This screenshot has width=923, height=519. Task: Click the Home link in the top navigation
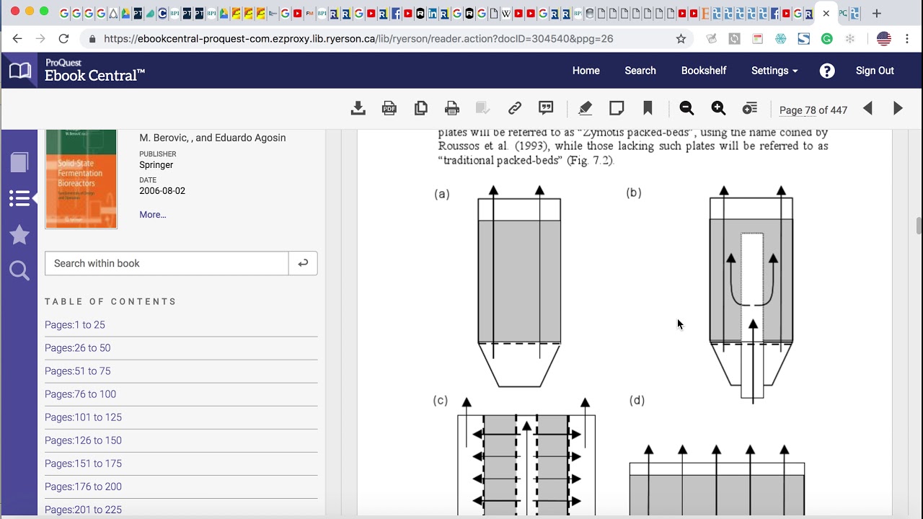pyautogui.click(x=586, y=71)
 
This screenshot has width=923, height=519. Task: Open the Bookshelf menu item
pyautogui.click(x=703, y=71)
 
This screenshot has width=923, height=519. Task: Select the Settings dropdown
pyautogui.click(x=774, y=71)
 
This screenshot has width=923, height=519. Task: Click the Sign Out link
pyautogui.click(x=874, y=71)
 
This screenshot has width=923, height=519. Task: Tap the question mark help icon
pyautogui.click(x=827, y=71)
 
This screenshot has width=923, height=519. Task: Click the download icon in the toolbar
pyautogui.click(x=358, y=109)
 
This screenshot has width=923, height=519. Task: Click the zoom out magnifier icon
pyautogui.click(x=686, y=109)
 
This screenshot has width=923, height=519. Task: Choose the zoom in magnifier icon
pyautogui.click(x=718, y=109)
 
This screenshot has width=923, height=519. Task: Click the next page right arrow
pyautogui.click(x=898, y=109)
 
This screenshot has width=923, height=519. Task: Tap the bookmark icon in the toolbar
pyautogui.click(x=648, y=109)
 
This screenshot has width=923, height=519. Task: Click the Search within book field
pyautogui.click(x=167, y=263)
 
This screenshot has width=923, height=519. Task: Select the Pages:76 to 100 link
pyautogui.click(x=80, y=394)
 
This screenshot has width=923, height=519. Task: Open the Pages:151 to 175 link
pyautogui.click(x=83, y=463)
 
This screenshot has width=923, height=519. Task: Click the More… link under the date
pyautogui.click(x=152, y=215)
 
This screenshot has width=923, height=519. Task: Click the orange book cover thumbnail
pyautogui.click(x=81, y=179)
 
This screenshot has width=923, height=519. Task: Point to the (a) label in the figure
pyautogui.click(x=442, y=194)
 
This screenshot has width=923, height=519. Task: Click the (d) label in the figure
pyautogui.click(x=637, y=401)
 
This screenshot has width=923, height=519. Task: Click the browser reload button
pyautogui.click(x=63, y=39)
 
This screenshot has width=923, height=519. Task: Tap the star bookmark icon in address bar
pyautogui.click(x=681, y=39)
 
